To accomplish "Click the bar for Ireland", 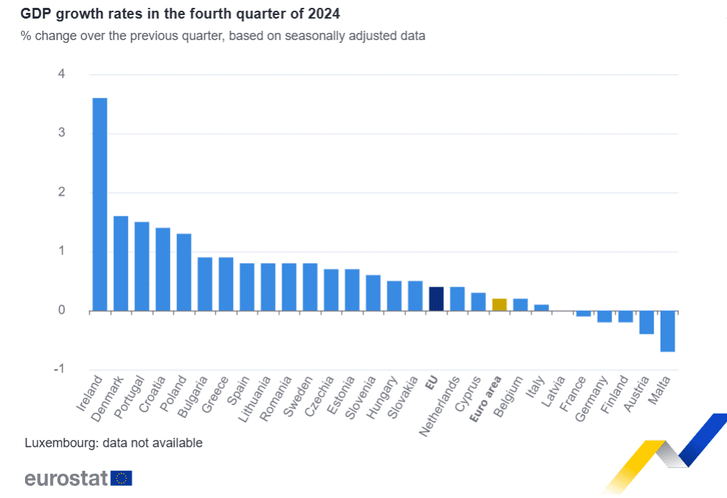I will [100, 204].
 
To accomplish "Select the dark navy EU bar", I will [436, 299].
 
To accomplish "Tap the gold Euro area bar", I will [499, 305].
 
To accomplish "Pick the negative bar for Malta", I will [667, 331].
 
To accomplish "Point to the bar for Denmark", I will [121, 263].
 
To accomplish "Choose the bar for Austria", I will [646, 322].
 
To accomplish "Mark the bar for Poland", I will [184, 272].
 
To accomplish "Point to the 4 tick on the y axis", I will [61, 74].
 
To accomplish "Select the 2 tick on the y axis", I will [61, 192].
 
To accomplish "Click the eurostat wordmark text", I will [66, 478].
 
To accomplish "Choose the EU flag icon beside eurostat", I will [122, 478].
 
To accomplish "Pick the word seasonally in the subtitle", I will [305, 35].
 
